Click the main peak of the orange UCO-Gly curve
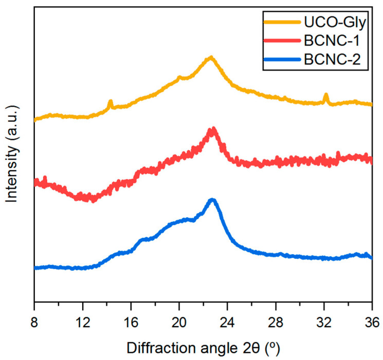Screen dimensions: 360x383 tap(210, 58)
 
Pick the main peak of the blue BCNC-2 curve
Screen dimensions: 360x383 tap(212, 200)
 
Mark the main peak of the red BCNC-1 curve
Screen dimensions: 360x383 tap(212, 130)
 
